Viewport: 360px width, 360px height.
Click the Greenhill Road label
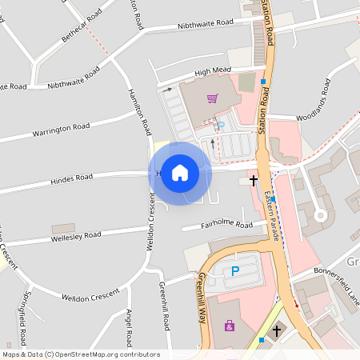(165, 306)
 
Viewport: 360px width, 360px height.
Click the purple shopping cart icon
(212, 98)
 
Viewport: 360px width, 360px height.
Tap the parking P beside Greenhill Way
(235, 272)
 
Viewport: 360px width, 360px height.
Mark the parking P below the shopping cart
(220, 126)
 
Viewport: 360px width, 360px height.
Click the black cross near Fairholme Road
(254, 181)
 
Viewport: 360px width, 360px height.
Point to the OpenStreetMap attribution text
(81, 354)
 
